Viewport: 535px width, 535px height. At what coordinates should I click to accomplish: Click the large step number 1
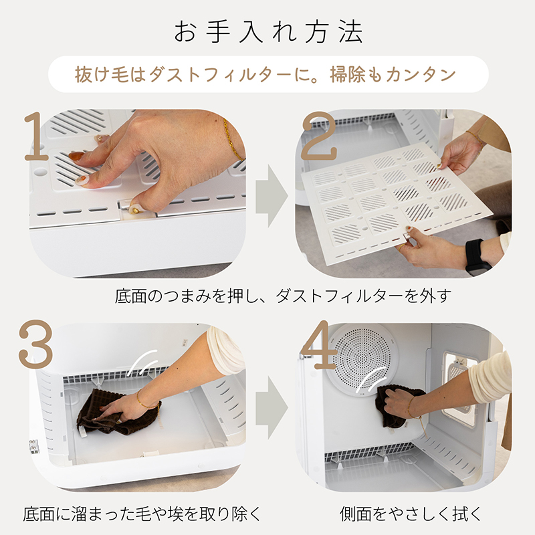[37, 137]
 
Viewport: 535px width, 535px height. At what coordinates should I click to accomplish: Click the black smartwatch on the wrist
[476, 256]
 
